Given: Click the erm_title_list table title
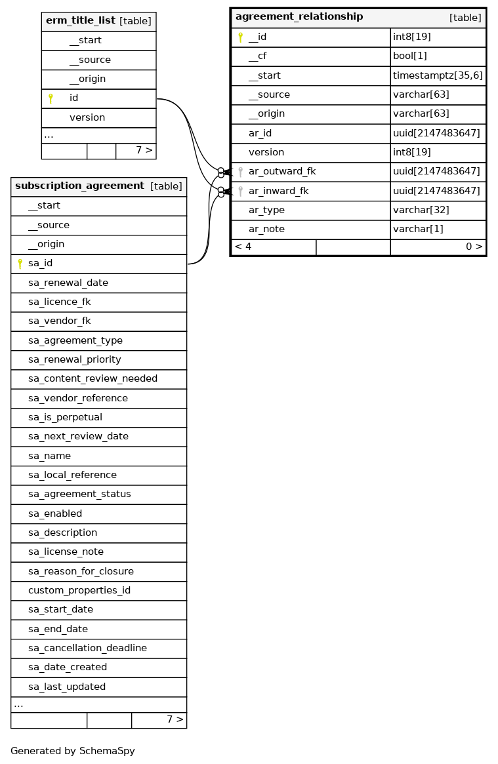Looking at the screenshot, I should point(80,21).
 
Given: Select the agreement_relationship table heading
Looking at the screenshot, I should point(299,17).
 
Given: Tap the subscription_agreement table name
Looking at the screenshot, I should point(79,186).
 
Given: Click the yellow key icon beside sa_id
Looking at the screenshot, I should point(20,264).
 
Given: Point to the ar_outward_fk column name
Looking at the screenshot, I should point(281,172).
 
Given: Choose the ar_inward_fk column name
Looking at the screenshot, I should point(278,191).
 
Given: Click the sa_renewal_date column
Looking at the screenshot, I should point(68,283).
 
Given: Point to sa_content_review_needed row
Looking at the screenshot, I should point(93,379).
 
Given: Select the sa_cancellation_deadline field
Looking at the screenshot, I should point(87,648).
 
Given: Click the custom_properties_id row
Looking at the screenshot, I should point(79,590).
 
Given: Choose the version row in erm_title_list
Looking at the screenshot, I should point(87,117).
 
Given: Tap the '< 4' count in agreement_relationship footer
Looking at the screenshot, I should point(243,247).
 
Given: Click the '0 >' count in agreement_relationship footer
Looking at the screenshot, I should point(474,247).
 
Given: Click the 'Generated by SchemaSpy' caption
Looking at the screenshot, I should point(72,751).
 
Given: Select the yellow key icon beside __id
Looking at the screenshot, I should point(240,37).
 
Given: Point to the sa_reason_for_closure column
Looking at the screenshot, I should point(81,571).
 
